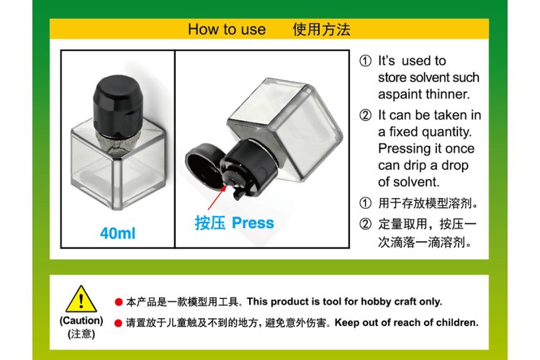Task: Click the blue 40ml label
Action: (118, 233)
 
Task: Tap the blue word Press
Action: (253, 223)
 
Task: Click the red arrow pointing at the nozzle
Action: (217, 197)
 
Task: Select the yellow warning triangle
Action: (81, 299)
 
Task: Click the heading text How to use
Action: (227, 30)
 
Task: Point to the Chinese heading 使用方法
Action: (321, 30)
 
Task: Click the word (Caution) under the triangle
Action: (81, 320)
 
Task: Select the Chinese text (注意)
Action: (81, 334)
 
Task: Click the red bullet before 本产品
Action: (119, 302)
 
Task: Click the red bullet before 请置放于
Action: (119, 323)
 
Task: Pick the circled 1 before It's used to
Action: (365, 61)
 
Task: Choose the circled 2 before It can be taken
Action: (365, 115)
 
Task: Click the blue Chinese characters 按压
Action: (210, 223)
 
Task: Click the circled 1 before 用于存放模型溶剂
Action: (365, 203)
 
